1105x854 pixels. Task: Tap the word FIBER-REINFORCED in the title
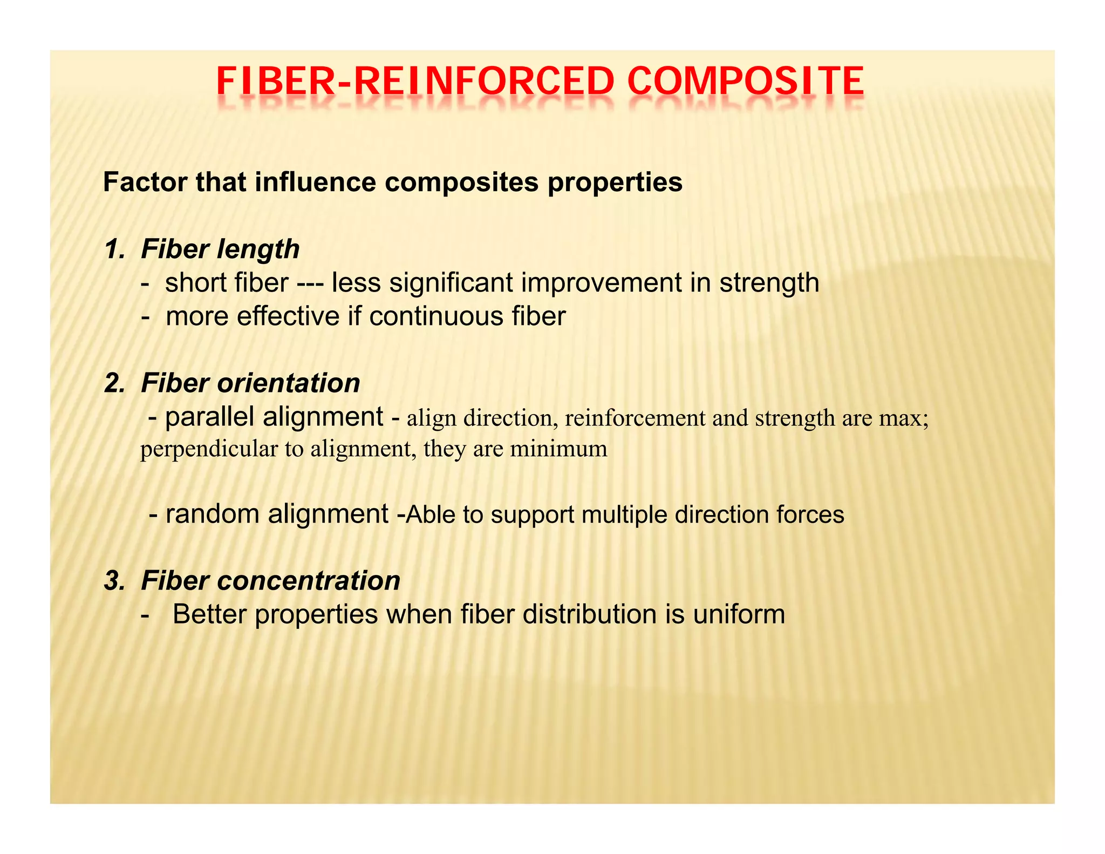415,82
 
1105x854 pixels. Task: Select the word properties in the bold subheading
615,183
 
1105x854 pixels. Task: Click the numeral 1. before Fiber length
115,249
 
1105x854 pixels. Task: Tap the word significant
451,283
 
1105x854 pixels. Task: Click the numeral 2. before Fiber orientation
115,383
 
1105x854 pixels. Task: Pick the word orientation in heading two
288,383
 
